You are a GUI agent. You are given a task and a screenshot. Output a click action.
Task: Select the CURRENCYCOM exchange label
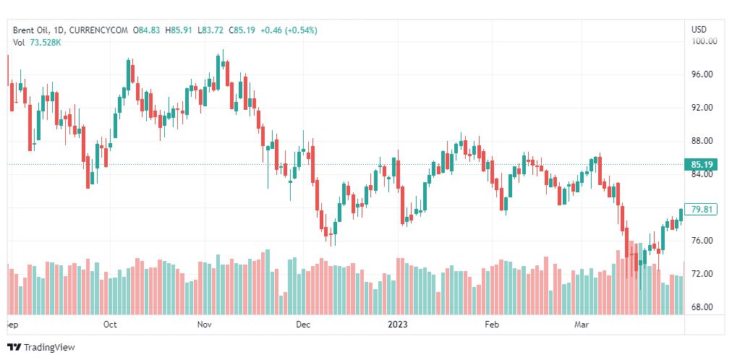click(99, 30)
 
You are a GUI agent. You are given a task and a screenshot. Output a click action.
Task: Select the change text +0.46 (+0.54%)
click(289, 30)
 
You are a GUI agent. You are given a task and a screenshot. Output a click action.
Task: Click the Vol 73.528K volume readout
click(37, 43)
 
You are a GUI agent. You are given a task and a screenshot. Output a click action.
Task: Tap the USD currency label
click(699, 30)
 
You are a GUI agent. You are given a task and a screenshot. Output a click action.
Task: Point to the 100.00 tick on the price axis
click(704, 41)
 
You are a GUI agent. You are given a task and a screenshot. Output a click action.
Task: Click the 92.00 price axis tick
click(703, 108)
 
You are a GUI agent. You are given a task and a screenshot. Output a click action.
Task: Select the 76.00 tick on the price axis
click(703, 241)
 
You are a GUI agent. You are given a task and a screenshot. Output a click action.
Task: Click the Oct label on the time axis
click(110, 325)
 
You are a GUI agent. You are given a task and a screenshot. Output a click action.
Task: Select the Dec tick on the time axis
click(303, 325)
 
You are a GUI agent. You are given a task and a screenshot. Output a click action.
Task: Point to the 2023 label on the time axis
click(398, 325)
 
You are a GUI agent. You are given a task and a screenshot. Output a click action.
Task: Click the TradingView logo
click(42, 348)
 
